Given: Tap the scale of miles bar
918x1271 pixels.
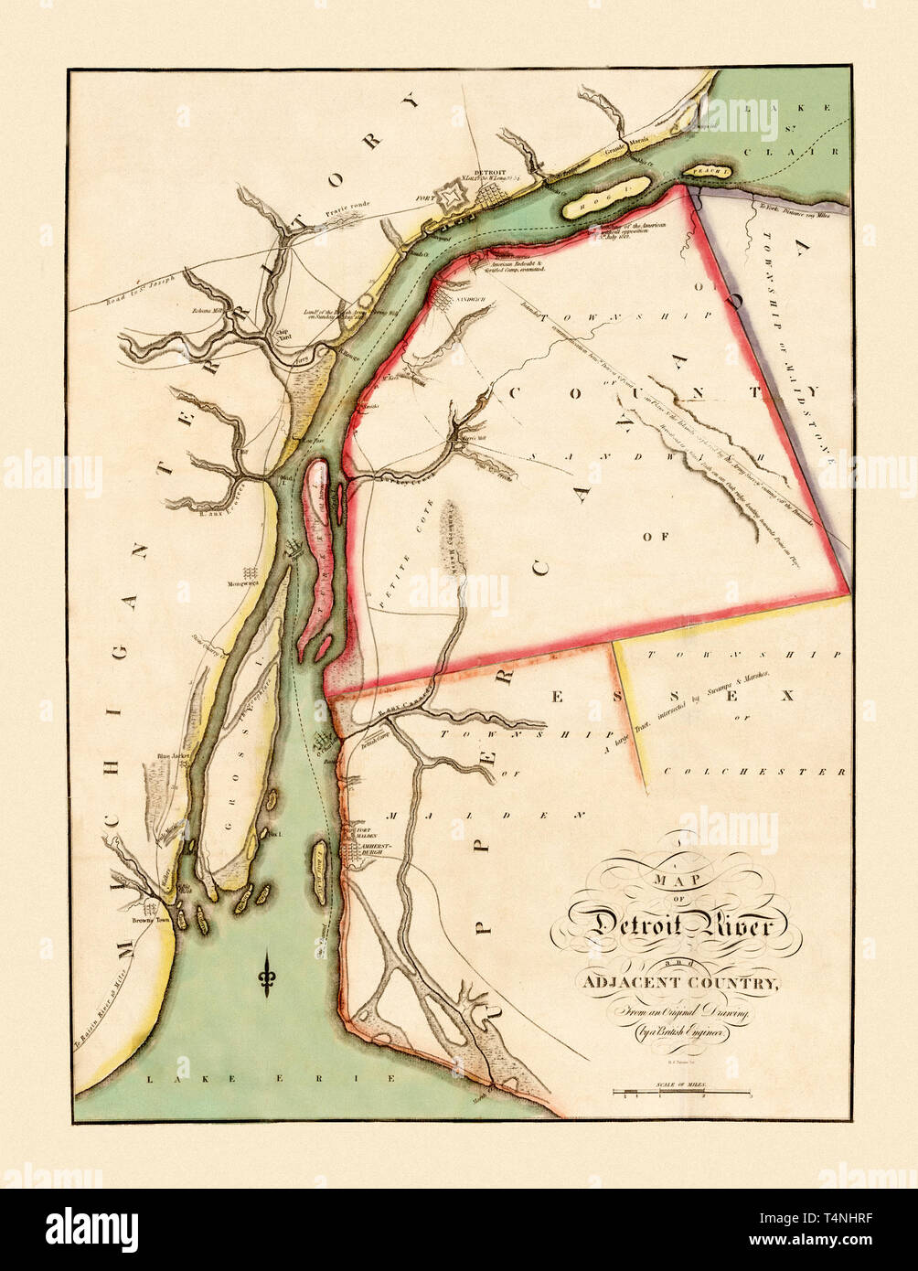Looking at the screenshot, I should [681, 1092].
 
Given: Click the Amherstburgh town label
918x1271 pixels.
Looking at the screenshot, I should [376, 848].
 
